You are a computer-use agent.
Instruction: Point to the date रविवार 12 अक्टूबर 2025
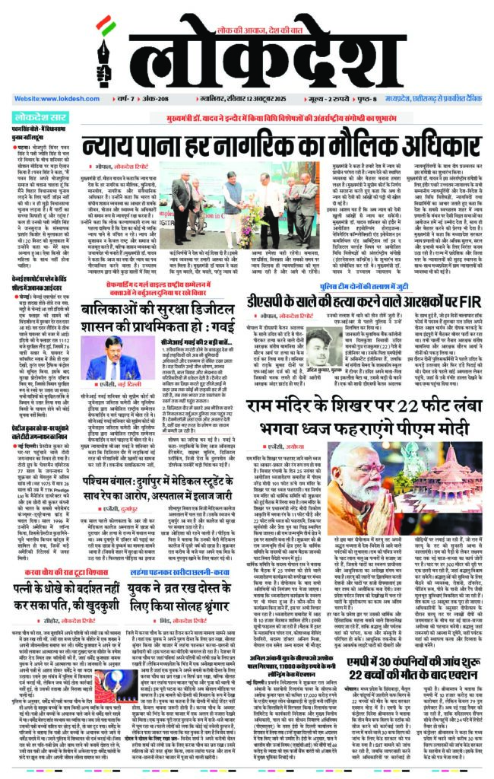(262, 100)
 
